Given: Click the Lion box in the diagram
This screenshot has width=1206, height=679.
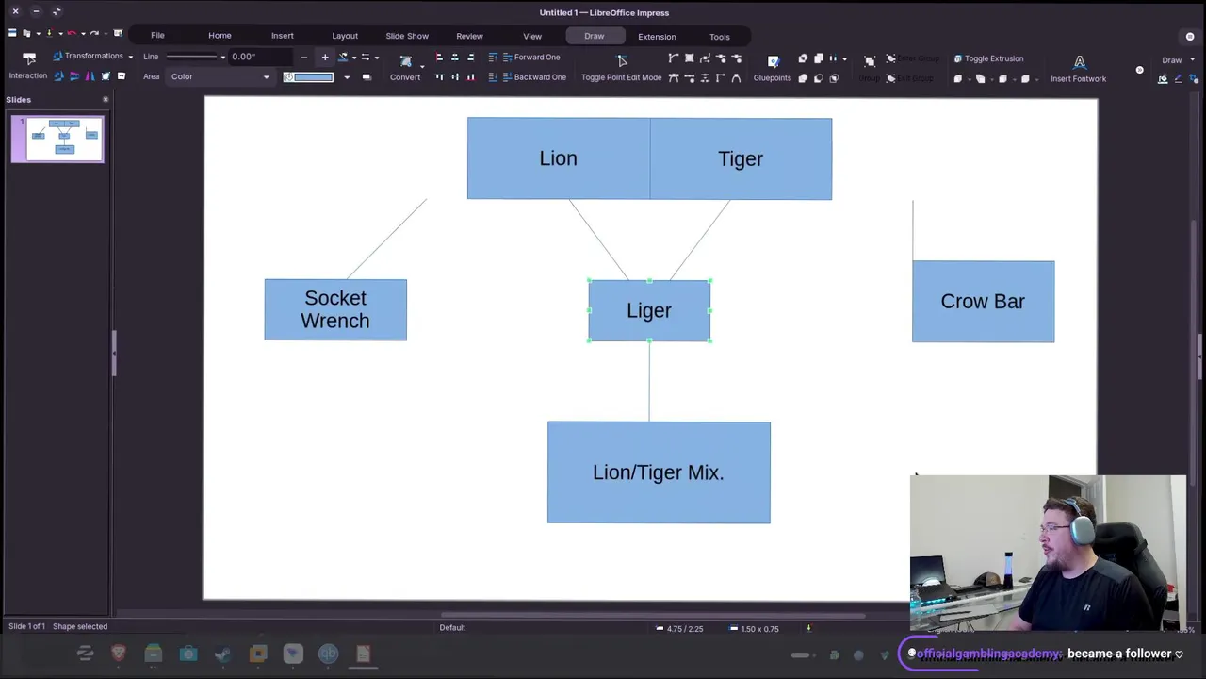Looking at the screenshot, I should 558,158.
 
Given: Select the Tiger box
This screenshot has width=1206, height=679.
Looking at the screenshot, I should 741,158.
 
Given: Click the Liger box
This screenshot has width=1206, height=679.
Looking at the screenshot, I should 649,310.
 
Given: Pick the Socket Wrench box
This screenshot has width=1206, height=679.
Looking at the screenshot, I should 335,309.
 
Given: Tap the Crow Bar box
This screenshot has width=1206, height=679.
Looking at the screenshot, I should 983,302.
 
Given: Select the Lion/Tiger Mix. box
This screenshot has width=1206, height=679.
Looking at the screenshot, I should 659,472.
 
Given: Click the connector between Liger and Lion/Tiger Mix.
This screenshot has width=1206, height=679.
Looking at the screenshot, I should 649,382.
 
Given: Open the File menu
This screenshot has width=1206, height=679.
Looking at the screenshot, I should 157,36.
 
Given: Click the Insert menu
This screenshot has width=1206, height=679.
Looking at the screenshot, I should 283,36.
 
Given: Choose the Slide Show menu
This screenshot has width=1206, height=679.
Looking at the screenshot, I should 407,36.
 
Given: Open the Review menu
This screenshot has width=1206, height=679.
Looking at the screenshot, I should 469,36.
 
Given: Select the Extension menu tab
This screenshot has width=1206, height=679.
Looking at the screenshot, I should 657,37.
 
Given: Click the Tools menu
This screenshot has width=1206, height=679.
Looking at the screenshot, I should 720,37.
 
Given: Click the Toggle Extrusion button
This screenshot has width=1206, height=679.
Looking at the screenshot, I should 988,58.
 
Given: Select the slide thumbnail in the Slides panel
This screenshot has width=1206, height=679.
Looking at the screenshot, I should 57,139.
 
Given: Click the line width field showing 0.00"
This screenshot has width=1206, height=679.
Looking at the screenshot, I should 260,57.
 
